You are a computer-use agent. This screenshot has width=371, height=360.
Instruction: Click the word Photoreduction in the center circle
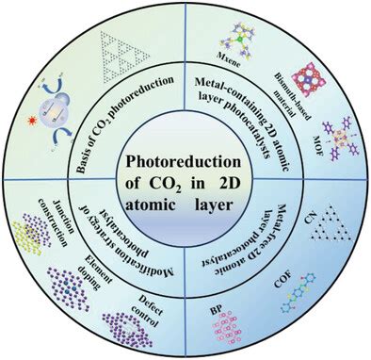(x=184, y=162)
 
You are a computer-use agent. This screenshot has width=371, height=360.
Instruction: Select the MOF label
(x=317, y=145)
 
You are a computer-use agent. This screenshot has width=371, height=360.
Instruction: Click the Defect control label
(x=147, y=310)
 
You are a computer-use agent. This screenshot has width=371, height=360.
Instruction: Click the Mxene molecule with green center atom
(x=239, y=40)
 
